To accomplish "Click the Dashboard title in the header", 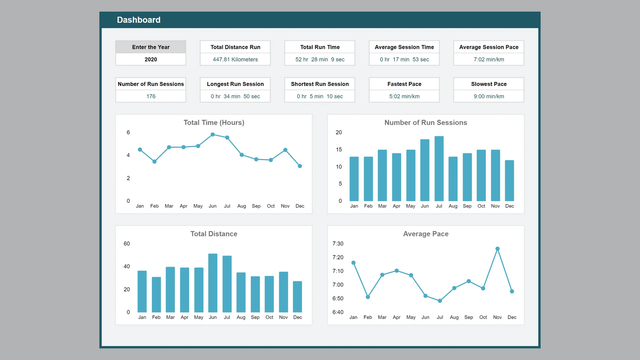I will coord(139,20).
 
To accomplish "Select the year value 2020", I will coord(151,59).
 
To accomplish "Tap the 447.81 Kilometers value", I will coord(235,59).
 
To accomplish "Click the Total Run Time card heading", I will coord(320,47).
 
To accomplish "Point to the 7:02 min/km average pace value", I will coord(489,59).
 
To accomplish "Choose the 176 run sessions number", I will coord(151,96).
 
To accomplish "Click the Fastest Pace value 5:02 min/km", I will coord(404,96).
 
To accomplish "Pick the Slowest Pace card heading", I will coord(489,84).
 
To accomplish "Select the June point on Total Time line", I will coord(213,134).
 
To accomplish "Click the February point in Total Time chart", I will coord(155,162).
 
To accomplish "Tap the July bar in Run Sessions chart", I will coord(439,169).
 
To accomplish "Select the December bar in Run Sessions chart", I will coord(510,181).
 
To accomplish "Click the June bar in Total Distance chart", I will coord(213,283).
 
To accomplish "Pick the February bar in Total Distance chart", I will coord(156,294).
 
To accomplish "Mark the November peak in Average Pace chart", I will coord(497,249).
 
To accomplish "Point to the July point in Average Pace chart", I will coord(440,301).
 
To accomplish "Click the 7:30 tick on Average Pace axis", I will coord(338,244).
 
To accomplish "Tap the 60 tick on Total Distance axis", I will coord(127,244).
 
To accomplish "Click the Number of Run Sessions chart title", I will coord(426,123).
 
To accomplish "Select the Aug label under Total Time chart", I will coord(241,206).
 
